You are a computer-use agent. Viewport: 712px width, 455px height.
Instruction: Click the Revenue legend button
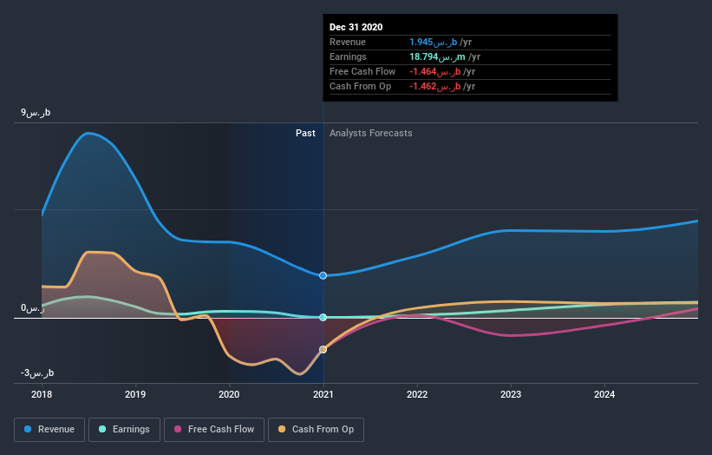pyautogui.click(x=50, y=429)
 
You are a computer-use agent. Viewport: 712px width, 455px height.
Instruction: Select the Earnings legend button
pyautogui.click(x=125, y=429)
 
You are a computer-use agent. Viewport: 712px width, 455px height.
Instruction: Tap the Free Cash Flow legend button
pyautogui.click(x=213, y=429)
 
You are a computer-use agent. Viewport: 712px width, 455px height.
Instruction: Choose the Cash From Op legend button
pyautogui.click(x=316, y=429)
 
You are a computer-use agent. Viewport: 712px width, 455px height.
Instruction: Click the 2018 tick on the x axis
pyautogui.click(x=42, y=394)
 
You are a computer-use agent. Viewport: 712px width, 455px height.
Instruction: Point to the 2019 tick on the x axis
pyautogui.click(x=135, y=394)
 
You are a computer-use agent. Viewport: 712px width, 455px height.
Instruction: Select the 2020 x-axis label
pyautogui.click(x=229, y=394)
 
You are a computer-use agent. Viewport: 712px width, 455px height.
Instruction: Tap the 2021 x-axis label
pyautogui.click(x=323, y=394)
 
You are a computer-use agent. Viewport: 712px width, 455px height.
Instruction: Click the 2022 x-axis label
pyautogui.click(x=417, y=394)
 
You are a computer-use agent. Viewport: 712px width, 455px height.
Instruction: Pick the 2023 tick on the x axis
pyautogui.click(x=511, y=394)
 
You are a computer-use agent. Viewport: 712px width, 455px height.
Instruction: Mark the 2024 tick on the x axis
pyautogui.click(x=604, y=394)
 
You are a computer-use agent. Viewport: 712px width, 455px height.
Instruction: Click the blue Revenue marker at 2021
pyautogui.click(x=323, y=275)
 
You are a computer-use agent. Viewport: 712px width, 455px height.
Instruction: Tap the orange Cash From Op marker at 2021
pyautogui.click(x=323, y=350)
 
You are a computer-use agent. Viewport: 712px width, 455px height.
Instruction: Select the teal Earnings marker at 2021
pyautogui.click(x=323, y=318)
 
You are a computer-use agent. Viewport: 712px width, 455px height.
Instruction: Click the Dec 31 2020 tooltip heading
pyautogui.click(x=356, y=27)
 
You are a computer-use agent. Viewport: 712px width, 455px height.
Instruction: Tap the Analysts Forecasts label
pyautogui.click(x=370, y=133)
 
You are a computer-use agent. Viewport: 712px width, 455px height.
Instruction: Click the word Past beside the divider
pyautogui.click(x=305, y=133)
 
